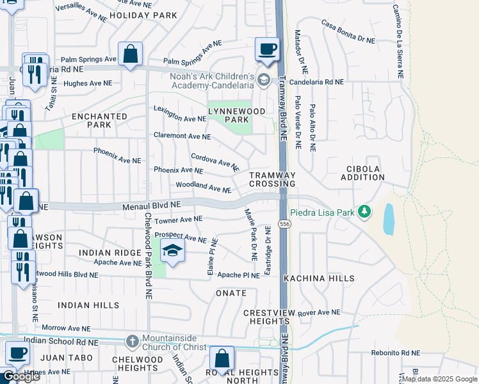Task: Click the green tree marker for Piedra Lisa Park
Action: (x=364, y=211)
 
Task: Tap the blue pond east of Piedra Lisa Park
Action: (x=389, y=220)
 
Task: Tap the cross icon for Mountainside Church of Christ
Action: (x=132, y=340)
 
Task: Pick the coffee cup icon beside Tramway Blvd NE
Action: (x=267, y=49)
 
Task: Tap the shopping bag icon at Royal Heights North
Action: (x=222, y=360)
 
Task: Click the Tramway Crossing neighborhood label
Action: (x=272, y=179)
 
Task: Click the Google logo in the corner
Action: (x=20, y=376)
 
